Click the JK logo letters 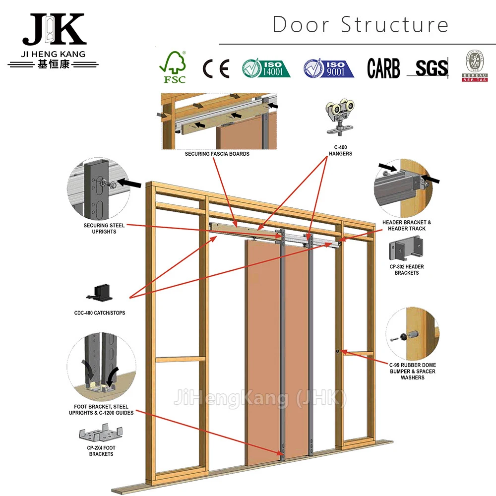tap(54, 30)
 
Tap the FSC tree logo tap(172, 67)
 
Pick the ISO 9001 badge tap(328, 68)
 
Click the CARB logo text tap(383, 68)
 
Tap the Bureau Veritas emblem tap(475, 66)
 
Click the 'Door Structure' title tap(361, 25)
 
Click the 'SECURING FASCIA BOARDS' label tap(217, 154)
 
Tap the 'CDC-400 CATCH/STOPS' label tap(100, 313)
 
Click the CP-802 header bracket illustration tap(406, 249)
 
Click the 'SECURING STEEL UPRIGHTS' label tap(104, 228)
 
